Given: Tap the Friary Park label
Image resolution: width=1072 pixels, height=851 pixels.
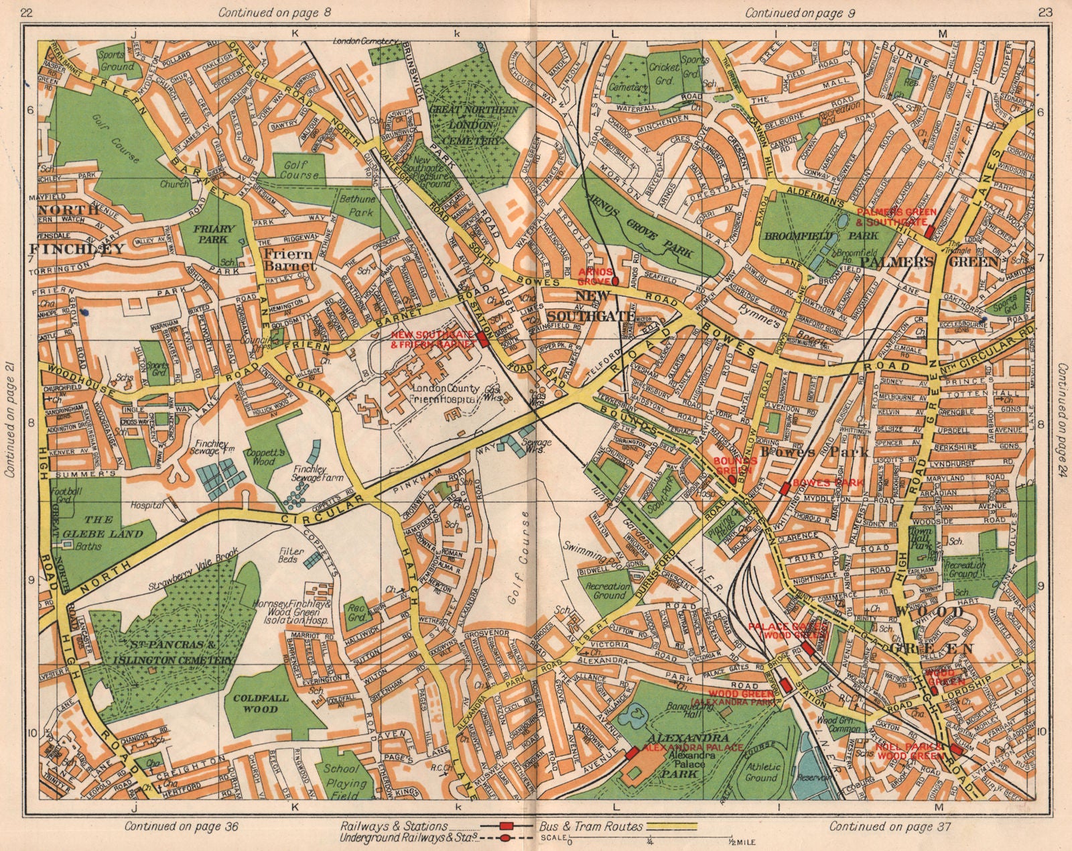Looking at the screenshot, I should [213, 233].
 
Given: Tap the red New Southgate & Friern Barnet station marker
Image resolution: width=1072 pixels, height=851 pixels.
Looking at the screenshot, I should [483, 339].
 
